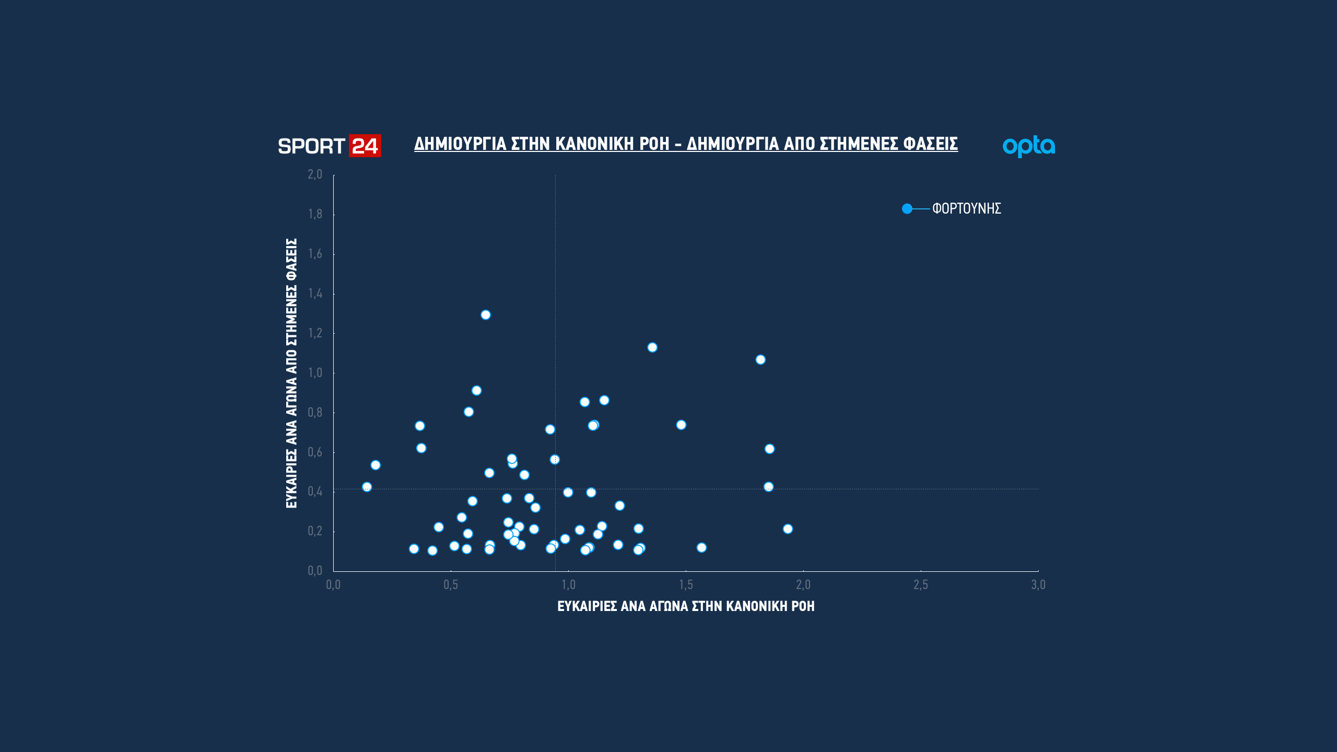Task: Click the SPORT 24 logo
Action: point(329,146)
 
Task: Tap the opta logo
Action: point(1028,146)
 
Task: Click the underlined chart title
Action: point(686,144)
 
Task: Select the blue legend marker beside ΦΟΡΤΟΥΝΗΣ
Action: point(907,209)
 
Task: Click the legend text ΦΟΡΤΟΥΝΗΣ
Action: point(966,209)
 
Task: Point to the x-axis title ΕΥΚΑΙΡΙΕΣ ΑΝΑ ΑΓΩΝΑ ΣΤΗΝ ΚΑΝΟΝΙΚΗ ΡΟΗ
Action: point(686,606)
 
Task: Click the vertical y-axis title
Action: point(291,373)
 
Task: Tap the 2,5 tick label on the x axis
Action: point(920,585)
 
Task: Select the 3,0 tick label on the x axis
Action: point(1038,585)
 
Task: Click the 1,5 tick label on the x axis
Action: point(686,585)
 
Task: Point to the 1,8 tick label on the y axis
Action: point(315,214)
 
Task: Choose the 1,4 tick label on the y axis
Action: point(315,293)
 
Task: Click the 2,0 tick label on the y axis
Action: point(315,174)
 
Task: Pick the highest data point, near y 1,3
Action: point(486,315)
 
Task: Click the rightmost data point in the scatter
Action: point(788,529)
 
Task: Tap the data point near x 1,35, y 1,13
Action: point(652,348)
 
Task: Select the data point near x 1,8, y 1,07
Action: point(760,360)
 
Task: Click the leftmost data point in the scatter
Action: point(367,487)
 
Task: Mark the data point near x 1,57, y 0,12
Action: point(701,548)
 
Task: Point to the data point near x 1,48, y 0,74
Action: point(681,425)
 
